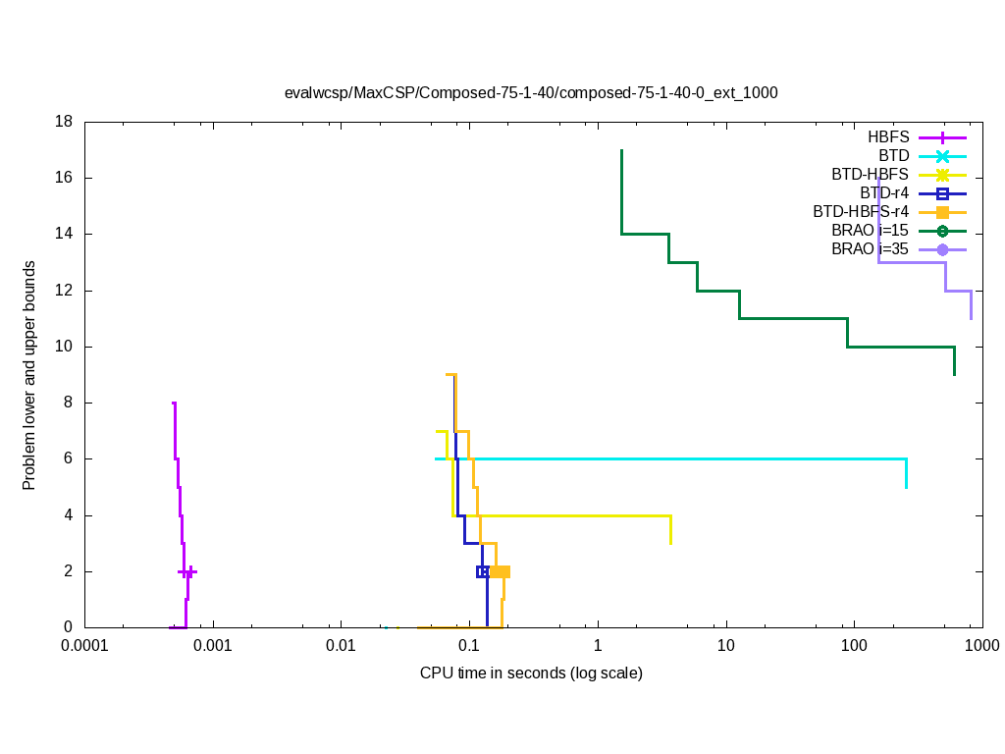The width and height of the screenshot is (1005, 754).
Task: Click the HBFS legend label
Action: point(888,137)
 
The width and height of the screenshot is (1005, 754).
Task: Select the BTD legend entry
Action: point(893,156)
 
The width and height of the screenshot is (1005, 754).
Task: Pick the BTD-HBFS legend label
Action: point(870,175)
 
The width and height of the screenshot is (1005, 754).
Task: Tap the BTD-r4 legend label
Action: point(883,193)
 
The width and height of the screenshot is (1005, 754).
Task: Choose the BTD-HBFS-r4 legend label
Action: point(861,212)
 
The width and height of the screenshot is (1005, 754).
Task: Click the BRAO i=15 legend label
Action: point(870,231)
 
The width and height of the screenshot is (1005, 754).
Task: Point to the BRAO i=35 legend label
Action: point(870,249)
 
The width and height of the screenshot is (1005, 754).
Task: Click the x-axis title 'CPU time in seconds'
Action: point(531,673)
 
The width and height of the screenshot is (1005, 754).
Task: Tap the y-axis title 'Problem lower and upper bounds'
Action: point(30,375)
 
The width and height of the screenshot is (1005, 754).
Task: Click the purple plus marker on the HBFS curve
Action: point(187,571)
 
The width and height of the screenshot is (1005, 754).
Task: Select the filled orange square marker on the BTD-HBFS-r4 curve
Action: point(502,571)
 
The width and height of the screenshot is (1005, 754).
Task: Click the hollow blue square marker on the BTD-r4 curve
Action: point(483,571)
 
